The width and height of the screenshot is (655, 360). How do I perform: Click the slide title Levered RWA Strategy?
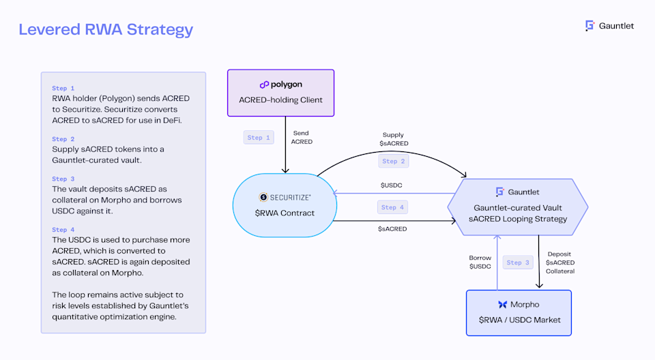click(106, 30)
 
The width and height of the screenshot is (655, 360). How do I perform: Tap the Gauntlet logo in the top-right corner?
click(609, 26)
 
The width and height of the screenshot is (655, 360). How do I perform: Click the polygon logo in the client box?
click(280, 85)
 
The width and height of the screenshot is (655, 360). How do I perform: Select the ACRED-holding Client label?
click(280, 100)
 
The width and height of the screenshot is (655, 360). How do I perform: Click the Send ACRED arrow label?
click(302, 138)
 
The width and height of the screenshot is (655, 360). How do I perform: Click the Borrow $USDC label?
click(480, 262)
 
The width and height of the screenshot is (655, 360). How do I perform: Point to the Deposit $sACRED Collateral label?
click(560, 262)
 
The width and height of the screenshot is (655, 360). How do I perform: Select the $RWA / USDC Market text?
click(519, 320)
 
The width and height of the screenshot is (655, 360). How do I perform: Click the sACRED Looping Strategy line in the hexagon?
click(517, 219)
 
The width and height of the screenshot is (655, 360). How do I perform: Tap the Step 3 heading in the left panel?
click(63, 179)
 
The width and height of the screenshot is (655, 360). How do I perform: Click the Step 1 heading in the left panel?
click(63, 89)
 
